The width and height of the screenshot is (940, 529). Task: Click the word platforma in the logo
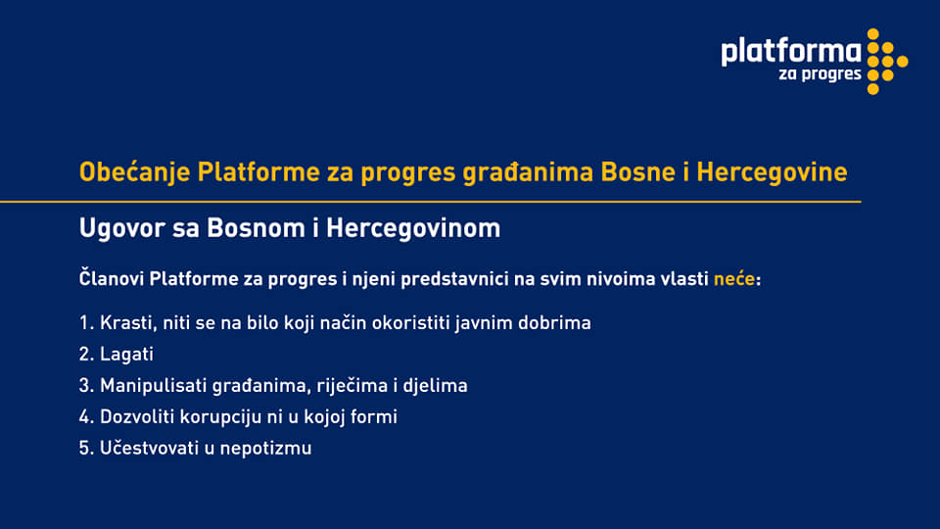click(791, 52)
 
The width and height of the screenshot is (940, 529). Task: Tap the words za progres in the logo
click(820, 74)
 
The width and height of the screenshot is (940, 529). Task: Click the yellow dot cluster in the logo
click(887, 61)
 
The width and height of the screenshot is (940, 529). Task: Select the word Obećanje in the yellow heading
click(134, 172)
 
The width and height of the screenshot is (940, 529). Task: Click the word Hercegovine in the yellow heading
click(772, 172)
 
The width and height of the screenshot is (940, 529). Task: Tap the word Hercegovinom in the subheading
click(413, 229)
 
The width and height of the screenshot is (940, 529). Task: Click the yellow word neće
click(733, 279)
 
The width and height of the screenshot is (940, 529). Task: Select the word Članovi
click(111, 279)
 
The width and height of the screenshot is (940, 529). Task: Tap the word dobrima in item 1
click(554, 322)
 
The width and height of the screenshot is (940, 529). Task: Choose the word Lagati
click(126, 355)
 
